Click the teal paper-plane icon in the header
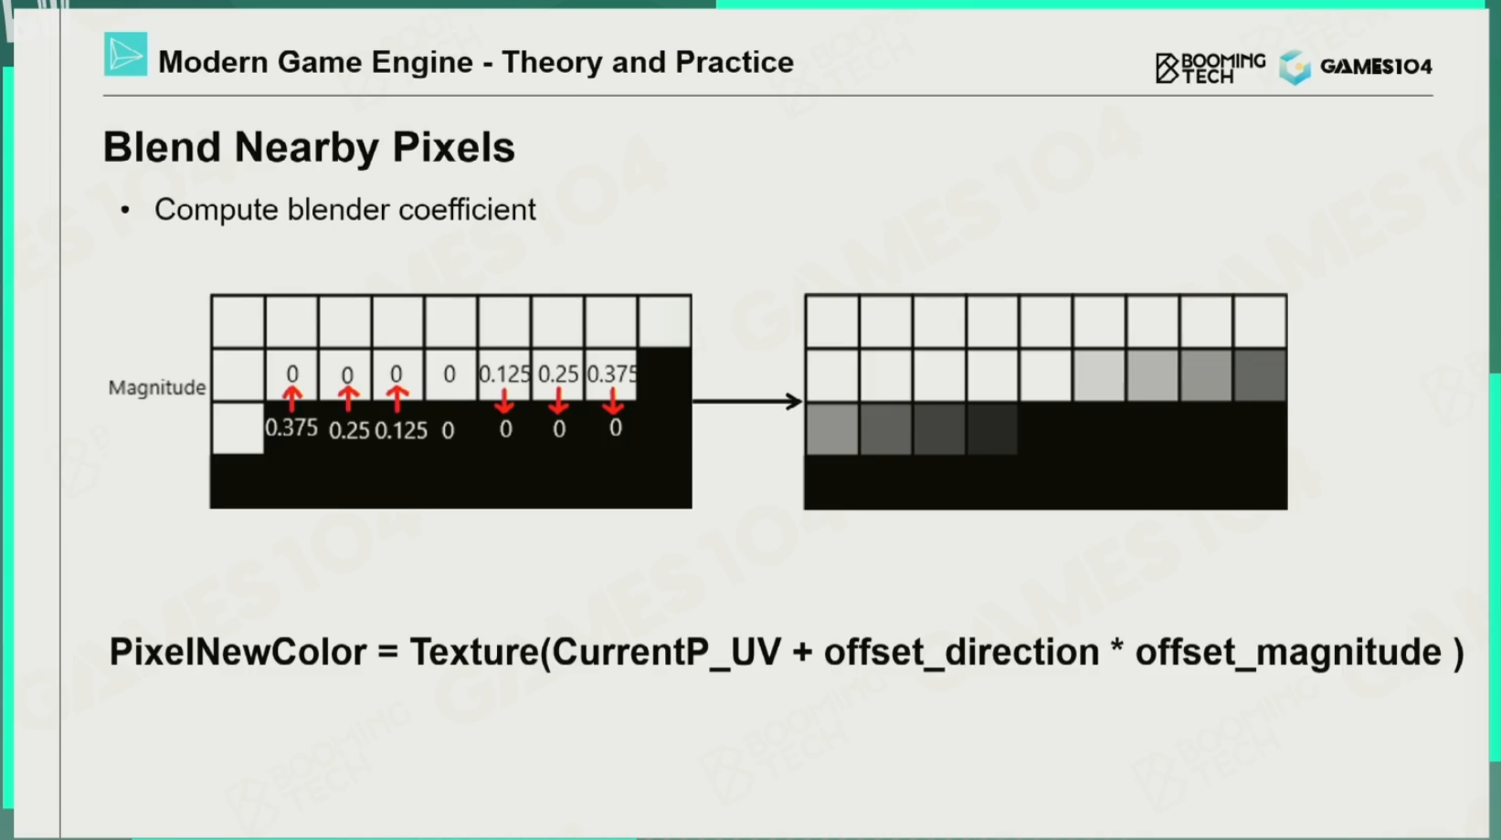tap(126, 54)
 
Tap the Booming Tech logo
tap(1210, 68)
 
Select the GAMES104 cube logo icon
tap(1295, 67)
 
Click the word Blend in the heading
tap(162, 147)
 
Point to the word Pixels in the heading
tap(454, 147)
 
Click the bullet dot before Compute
tap(124, 210)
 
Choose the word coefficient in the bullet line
tap(467, 210)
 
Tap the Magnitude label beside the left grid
tap(157, 387)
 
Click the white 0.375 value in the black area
tap(291, 427)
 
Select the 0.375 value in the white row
tap(612, 373)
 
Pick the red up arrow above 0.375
tap(291, 398)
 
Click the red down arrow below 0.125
tap(504, 401)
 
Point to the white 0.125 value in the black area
tap(401, 430)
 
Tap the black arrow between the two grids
tap(747, 401)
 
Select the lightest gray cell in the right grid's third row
tap(831, 429)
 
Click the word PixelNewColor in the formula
tap(238, 652)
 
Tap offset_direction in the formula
tap(962, 652)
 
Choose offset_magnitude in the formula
tap(1288, 653)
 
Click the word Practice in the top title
tap(735, 62)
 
